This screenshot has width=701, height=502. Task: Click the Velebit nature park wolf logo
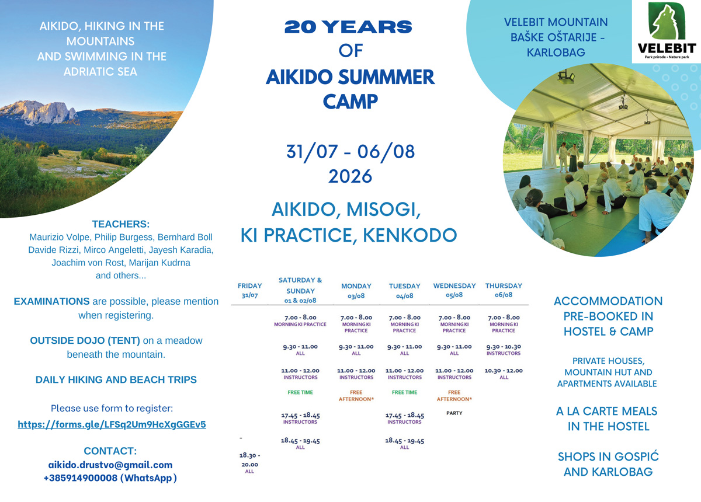coord(667,32)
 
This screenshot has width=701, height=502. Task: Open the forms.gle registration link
coord(112,424)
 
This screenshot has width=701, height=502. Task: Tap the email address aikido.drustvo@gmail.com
coord(110,465)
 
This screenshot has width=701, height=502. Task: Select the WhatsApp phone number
coord(110,478)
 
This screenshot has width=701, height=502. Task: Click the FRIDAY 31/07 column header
coord(250,290)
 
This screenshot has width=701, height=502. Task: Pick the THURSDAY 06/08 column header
coord(504,290)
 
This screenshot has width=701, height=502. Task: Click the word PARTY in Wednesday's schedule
coord(454,413)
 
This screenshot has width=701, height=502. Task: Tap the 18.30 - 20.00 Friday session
coord(250,463)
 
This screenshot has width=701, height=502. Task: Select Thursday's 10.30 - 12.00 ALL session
coord(504,374)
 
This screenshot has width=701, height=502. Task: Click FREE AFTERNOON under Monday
coord(356,395)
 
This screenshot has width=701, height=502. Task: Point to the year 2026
coord(350,176)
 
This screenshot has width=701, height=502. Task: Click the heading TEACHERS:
coord(121,224)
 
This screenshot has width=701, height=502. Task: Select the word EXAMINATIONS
coord(51,301)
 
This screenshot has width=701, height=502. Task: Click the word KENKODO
coord(410,235)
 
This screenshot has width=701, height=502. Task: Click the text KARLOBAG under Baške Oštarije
coord(556,52)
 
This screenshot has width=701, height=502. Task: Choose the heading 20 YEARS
coord(348,27)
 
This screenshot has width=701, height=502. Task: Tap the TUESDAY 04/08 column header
coord(404,291)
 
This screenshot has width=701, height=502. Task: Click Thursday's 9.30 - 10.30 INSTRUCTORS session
coord(504,350)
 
